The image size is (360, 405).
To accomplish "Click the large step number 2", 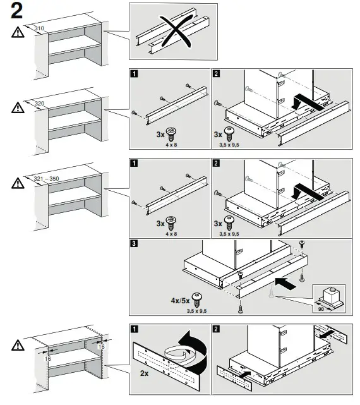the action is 17,11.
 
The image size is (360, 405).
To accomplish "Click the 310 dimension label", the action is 39,28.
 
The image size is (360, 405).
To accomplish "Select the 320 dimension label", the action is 40,104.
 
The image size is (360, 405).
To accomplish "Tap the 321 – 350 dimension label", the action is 47,178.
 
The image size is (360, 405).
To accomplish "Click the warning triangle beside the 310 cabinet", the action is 18,32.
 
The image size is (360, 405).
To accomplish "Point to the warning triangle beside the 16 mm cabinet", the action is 18,345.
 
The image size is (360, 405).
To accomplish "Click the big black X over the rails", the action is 176,31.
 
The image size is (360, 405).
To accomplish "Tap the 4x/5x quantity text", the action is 180,301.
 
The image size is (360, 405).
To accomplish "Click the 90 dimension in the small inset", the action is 321,309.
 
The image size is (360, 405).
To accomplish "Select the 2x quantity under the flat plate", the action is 144,373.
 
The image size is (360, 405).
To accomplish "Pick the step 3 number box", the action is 134,243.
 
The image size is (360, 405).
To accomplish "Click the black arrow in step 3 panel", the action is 285,283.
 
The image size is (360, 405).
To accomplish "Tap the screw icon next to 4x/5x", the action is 197,300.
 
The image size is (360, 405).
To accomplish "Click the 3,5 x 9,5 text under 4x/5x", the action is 197,311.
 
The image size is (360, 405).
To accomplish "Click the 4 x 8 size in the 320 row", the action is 171,145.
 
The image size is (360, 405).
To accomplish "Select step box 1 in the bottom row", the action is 135,329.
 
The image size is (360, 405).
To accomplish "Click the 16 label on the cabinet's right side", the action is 102,347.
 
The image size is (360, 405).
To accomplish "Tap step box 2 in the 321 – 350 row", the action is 216,163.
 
